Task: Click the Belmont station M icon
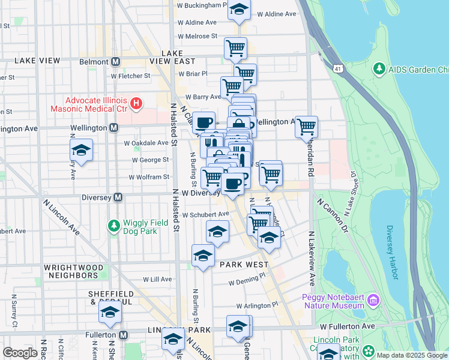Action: [115, 61]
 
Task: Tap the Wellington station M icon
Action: [113, 128]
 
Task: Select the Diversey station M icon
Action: [118, 197]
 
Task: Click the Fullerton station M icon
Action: [123, 335]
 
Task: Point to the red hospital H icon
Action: [136, 104]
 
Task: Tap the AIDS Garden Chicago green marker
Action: [379, 70]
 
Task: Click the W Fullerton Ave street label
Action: [347, 326]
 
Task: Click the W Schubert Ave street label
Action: [206, 214]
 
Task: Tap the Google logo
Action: [20, 353]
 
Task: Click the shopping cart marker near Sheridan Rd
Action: [307, 127]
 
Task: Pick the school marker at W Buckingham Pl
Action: [239, 10]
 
